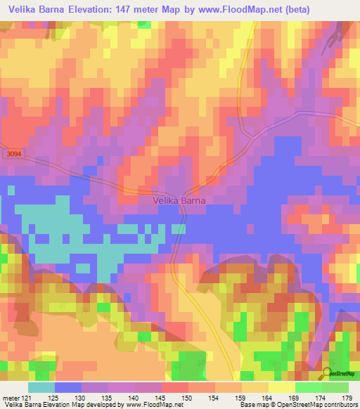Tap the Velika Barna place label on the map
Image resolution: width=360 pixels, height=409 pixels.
(180, 200)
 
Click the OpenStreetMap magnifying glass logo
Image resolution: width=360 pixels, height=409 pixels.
(328, 372)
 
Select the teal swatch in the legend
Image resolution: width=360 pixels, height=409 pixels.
(41, 387)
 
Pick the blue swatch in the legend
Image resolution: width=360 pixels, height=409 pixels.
(68, 387)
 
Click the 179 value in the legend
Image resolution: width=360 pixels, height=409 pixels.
(347, 398)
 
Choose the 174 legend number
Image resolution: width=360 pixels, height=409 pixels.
(321, 398)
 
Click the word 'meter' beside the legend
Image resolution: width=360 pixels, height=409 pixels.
(11, 398)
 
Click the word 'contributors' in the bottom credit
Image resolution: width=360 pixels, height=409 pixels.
(340, 405)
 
